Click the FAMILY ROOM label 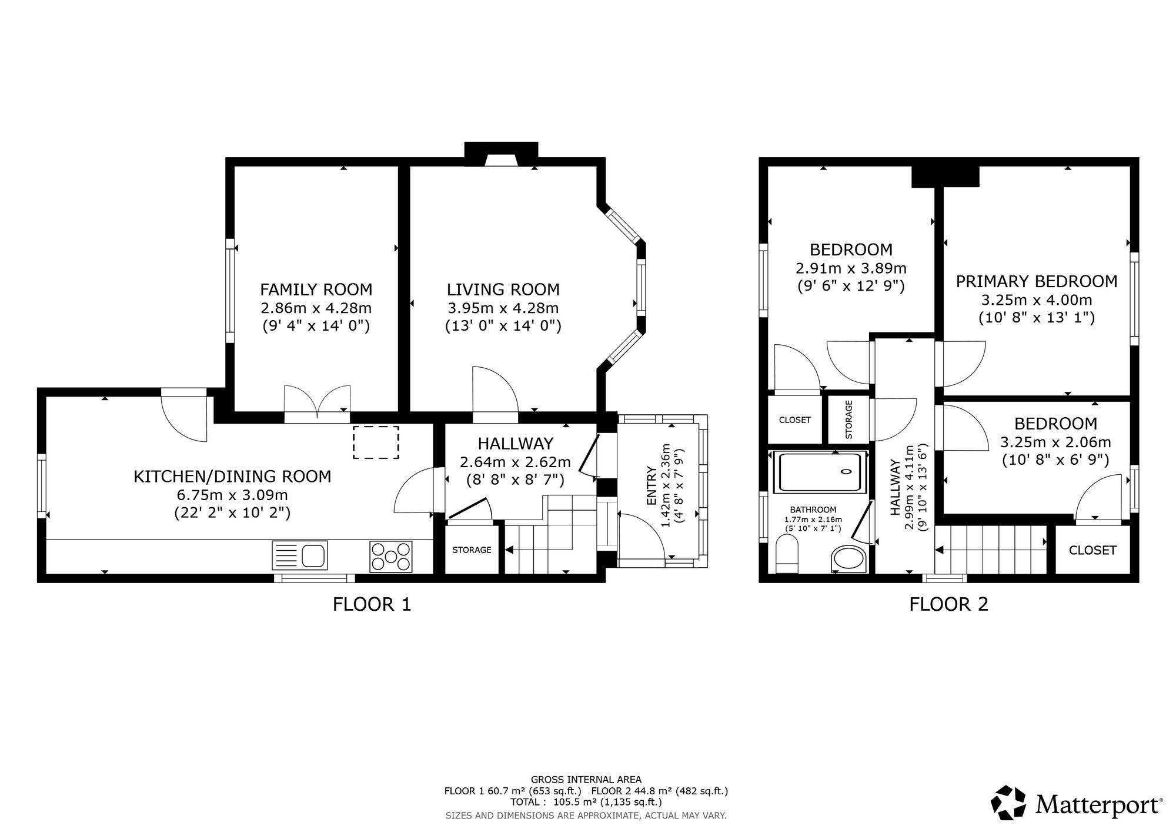pyautogui.click(x=316, y=289)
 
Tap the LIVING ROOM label pyautogui.click(x=503, y=289)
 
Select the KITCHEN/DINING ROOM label pyautogui.click(x=232, y=476)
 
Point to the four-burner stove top pyautogui.click(x=391, y=556)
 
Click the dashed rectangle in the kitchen pyautogui.click(x=376, y=442)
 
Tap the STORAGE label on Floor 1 pyautogui.click(x=472, y=550)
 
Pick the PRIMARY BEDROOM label pyautogui.click(x=1037, y=282)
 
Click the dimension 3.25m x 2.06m pyautogui.click(x=1055, y=442)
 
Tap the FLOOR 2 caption pyautogui.click(x=948, y=604)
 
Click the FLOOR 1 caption pyautogui.click(x=372, y=604)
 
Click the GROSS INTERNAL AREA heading pyautogui.click(x=586, y=780)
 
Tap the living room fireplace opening pyautogui.click(x=502, y=161)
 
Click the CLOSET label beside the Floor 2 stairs pyautogui.click(x=1093, y=550)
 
